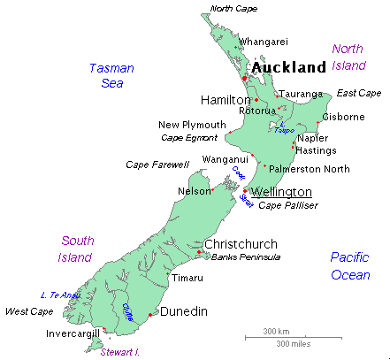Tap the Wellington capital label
(280, 192)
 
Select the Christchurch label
(241, 244)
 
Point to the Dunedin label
(183, 311)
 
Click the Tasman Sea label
(111, 75)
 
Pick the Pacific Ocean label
(350, 265)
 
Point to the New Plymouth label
(192, 125)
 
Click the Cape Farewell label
(157, 165)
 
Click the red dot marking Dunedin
(151, 315)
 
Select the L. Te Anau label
(60, 295)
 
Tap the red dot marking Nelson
(211, 190)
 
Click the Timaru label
(187, 278)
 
